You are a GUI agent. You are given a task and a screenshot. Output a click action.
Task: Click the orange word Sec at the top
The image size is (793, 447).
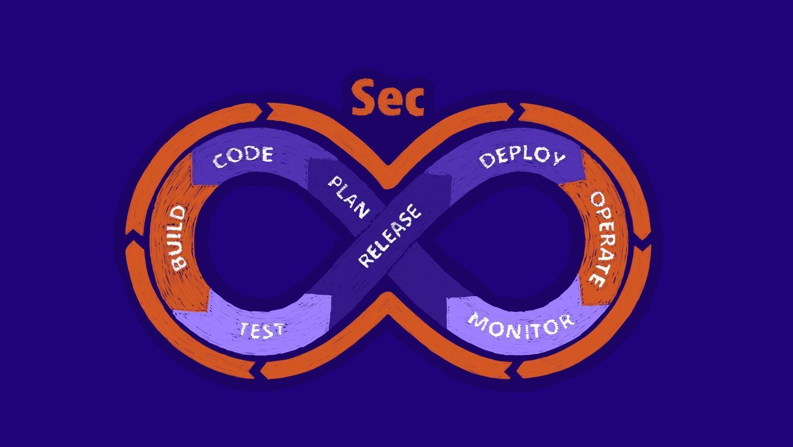388,98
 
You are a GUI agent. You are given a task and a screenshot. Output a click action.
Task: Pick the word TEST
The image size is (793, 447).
262,330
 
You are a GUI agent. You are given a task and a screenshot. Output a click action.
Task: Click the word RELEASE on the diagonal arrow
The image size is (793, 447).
390,235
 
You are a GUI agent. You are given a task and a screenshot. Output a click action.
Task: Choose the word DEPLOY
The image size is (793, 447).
522,157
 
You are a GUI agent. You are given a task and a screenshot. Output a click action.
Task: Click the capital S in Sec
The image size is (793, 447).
364,98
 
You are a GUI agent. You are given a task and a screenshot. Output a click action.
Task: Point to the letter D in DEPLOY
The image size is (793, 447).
486,161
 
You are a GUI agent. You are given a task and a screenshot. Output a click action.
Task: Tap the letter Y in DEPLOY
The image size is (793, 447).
558,158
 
